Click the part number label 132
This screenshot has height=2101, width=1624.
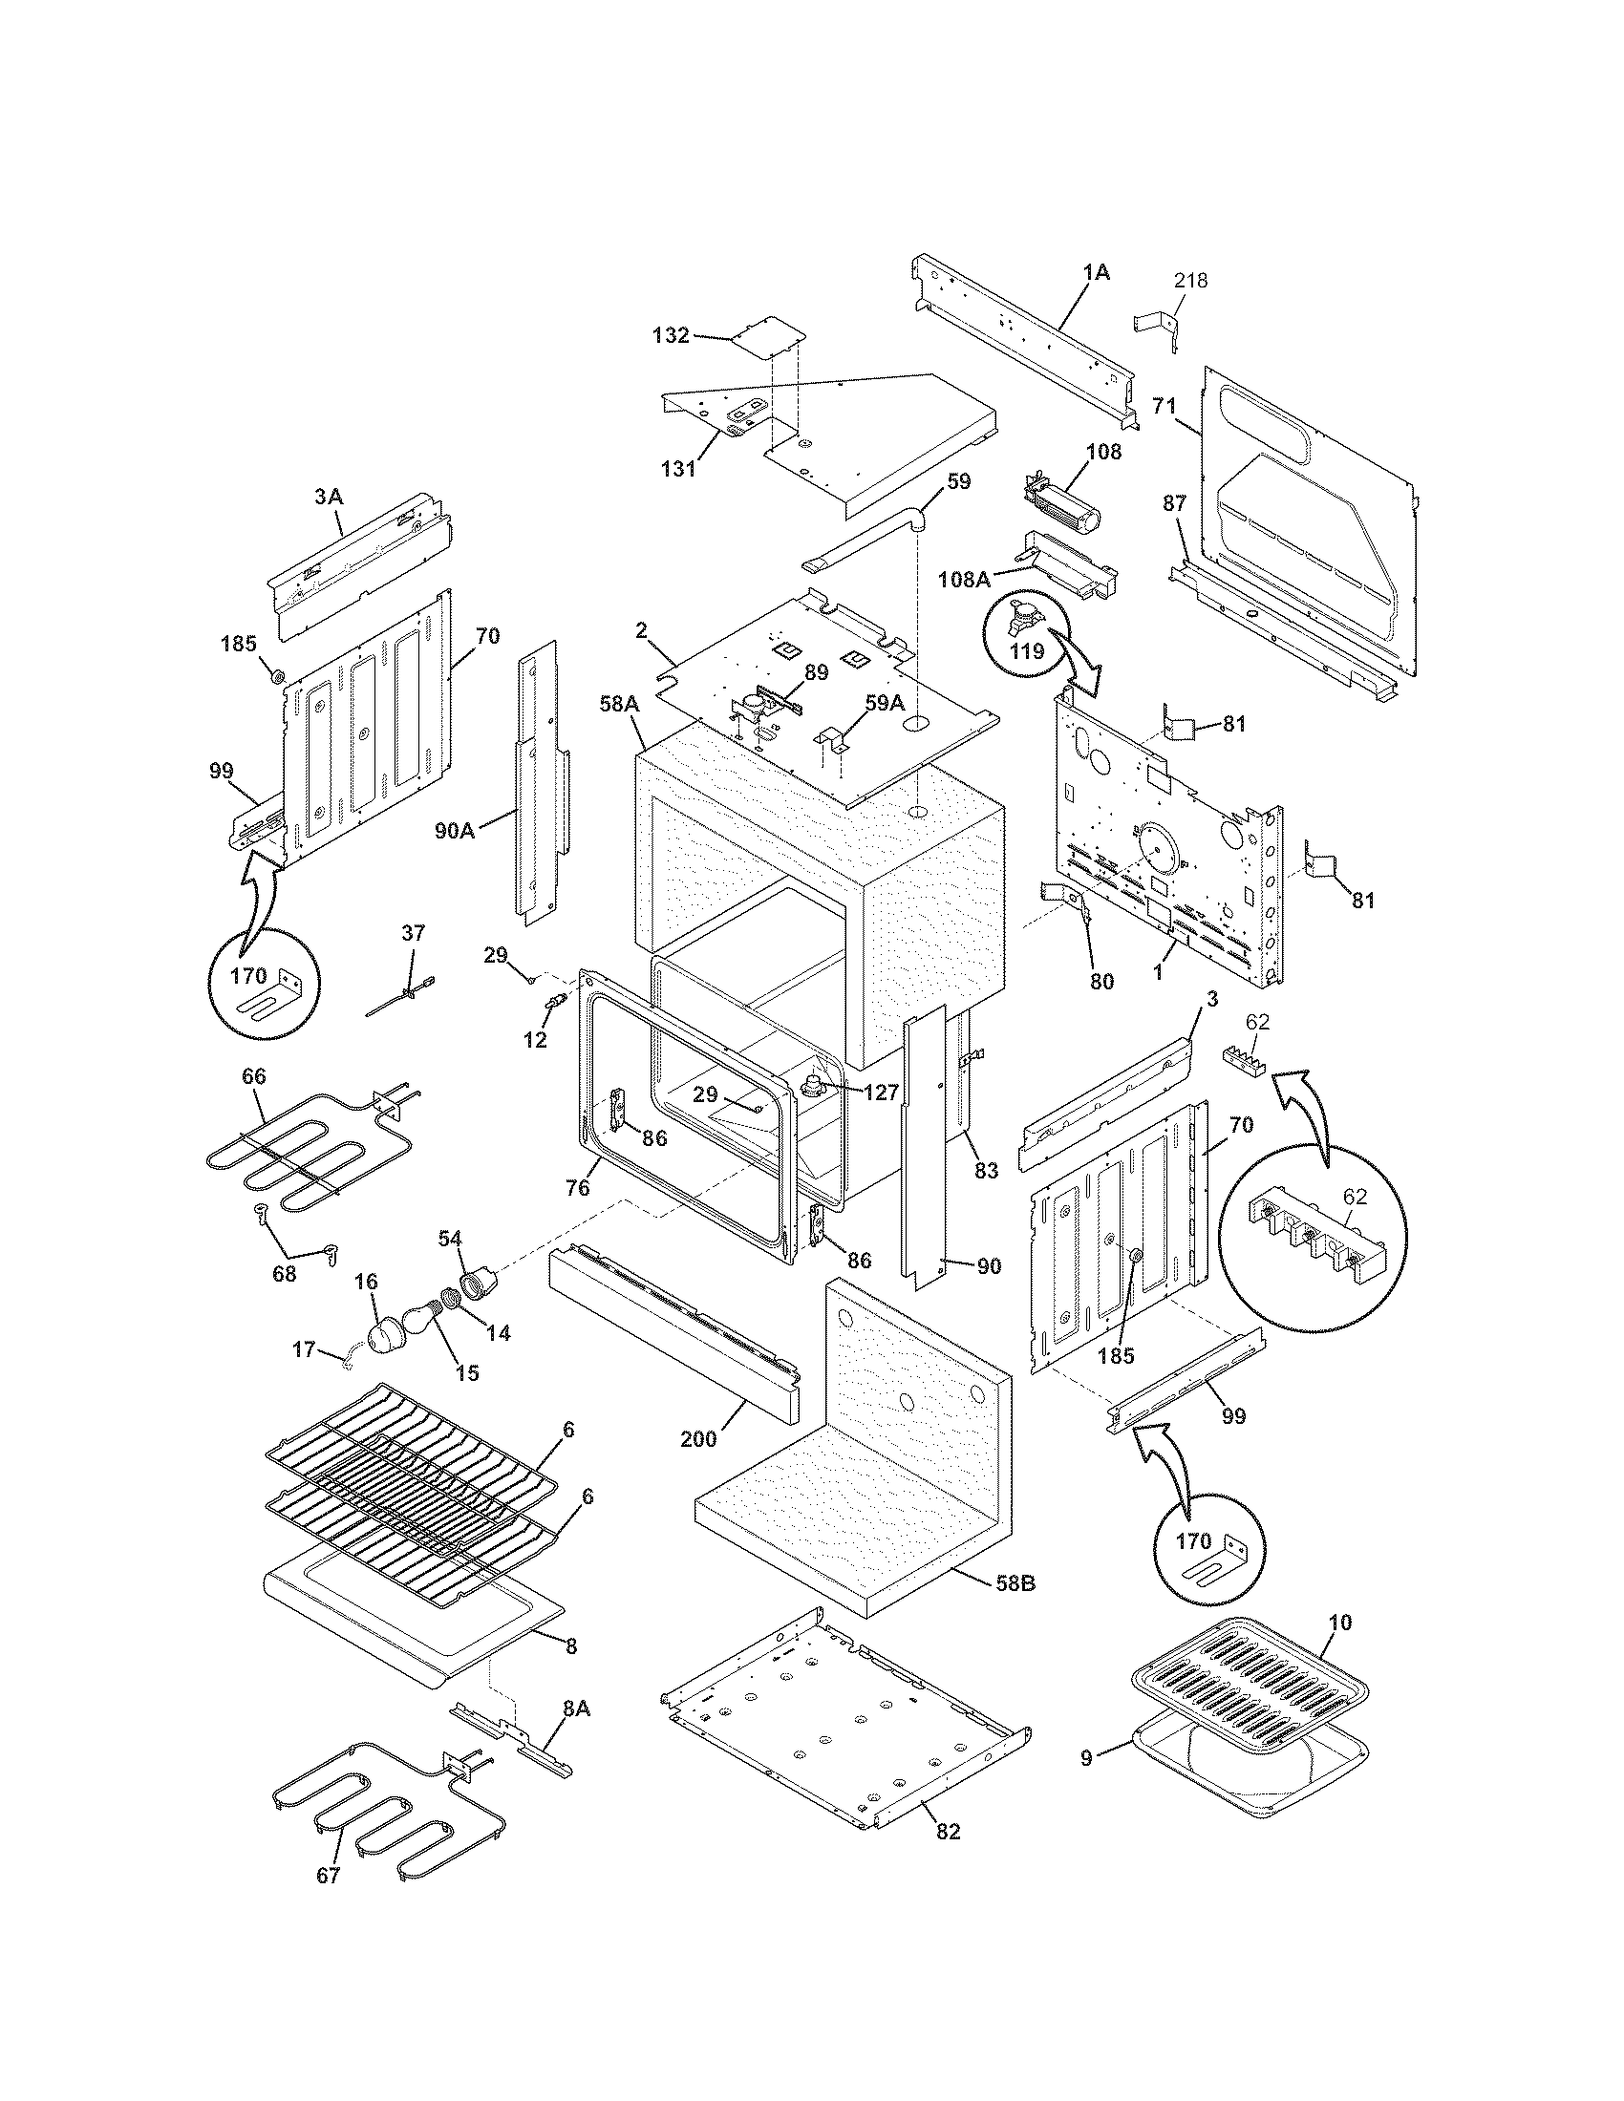[x=671, y=335]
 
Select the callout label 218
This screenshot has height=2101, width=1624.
[x=1190, y=281]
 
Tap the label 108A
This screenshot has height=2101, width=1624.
[x=964, y=579]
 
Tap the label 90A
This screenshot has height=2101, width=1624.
[x=454, y=830]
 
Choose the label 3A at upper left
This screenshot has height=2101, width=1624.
[x=328, y=497]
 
